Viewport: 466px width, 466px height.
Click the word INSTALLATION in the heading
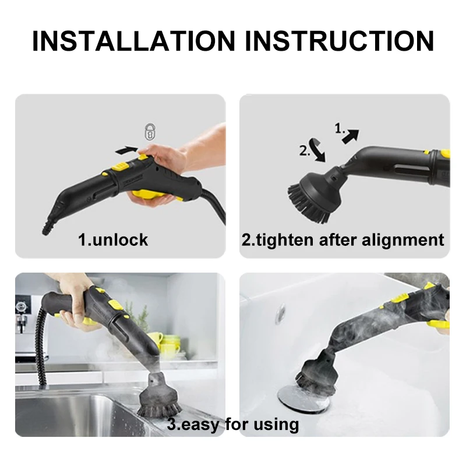tap(133, 40)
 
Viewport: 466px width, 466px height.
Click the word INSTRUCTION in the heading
tap(339, 40)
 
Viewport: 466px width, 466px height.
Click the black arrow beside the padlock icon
tap(128, 150)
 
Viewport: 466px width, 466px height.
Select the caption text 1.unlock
tap(113, 239)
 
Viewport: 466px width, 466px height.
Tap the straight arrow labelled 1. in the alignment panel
tap(351, 136)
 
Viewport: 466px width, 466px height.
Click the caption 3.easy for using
tap(232, 423)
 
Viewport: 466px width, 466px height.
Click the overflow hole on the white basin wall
tap(280, 312)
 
